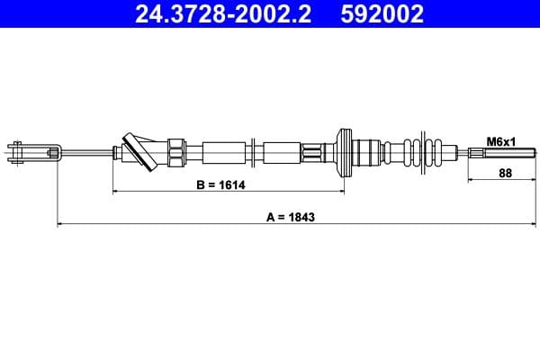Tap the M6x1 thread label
tap(499, 141)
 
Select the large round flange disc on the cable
tap(342, 151)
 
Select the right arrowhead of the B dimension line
tap(339, 191)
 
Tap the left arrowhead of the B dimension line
tap(115, 191)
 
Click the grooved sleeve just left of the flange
tap(314, 150)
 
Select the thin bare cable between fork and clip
tap(85, 152)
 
